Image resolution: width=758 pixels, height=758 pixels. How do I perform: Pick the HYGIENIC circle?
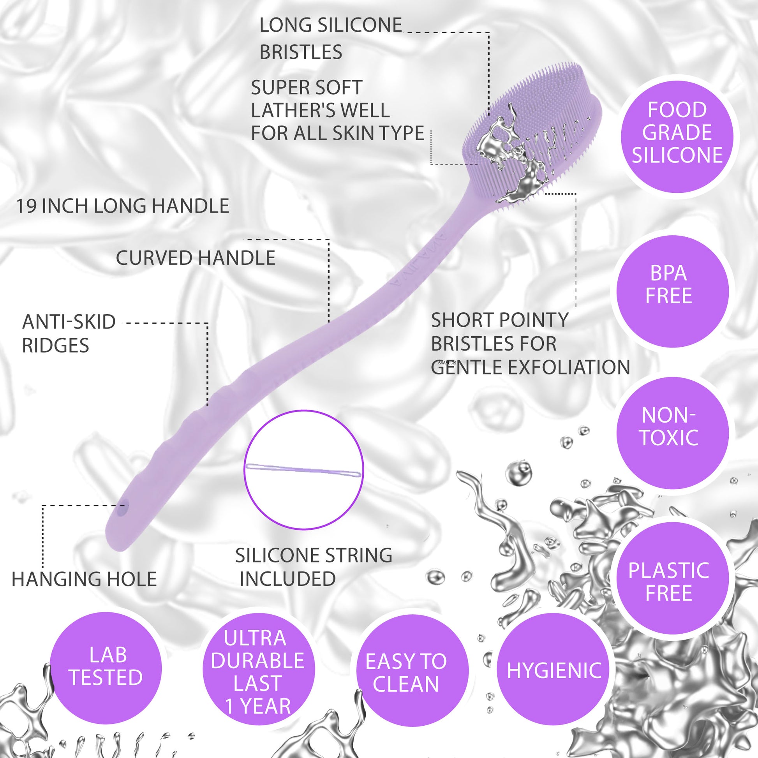click(x=554, y=670)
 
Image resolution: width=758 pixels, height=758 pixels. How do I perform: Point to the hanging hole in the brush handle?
click(x=124, y=506)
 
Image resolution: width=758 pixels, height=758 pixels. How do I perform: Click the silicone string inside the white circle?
click(x=303, y=470)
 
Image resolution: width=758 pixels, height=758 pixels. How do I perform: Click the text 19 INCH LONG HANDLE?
click(x=122, y=206)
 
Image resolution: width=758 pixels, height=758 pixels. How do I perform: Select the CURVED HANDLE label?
click(x=196, y=258)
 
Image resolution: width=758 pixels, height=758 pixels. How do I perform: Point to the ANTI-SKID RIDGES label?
click(x=69, y=333)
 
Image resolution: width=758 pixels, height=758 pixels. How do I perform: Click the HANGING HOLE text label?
click(x=85, y=579)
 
